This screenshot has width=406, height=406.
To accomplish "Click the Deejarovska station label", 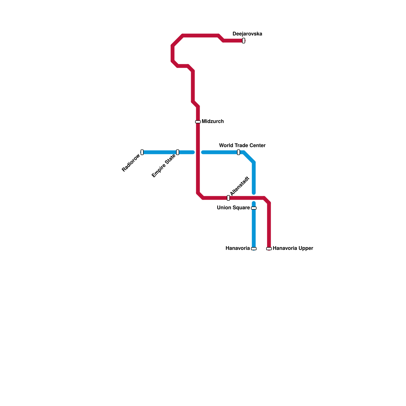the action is pos(247,34).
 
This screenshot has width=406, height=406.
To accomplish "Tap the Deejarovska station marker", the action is pos(244,41).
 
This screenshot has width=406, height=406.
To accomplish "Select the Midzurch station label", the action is pos(213,122).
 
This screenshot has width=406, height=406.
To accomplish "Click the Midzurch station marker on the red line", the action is pos(198,122).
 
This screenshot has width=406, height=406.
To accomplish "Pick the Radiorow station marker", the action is pos(142,152).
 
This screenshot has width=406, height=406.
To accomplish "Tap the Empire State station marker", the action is pos(178,152).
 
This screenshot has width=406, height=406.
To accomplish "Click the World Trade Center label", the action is pos(242,146).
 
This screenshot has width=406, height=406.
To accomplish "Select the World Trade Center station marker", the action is pos(239,152).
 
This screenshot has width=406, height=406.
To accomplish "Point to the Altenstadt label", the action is pos(240,186).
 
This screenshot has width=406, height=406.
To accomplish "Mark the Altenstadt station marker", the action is pos(228,198).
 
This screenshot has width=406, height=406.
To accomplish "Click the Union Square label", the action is pos(233,208).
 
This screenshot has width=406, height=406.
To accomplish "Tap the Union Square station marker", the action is pos(254,208).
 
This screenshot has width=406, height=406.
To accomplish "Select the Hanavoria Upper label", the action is pos(293,248).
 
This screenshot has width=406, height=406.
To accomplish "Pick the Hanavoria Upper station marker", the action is pos(269,249).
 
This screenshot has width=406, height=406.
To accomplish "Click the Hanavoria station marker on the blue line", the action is pos(254,249).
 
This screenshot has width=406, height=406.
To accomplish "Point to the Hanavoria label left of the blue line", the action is pos(238,248).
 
